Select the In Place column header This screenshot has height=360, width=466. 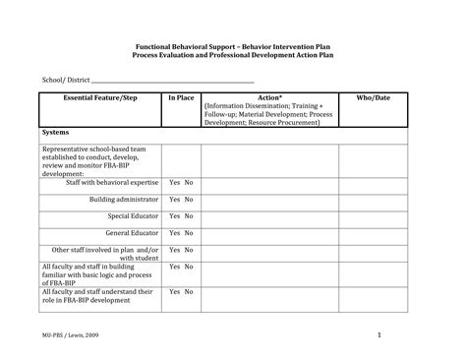coord(181,99)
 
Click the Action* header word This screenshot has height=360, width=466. coord(269,99)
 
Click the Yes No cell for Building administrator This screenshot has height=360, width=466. coord(181,200)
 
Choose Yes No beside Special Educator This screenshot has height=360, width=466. coord(181,216)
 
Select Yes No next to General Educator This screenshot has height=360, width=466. coord(181,233)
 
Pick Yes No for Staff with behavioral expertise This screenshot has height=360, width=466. coord(181,183)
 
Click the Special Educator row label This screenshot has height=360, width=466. coord(132,216)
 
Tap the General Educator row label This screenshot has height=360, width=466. coord(131,233)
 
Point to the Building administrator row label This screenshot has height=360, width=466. coord(123,200)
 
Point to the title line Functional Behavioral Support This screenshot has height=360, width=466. coord(232,46)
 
